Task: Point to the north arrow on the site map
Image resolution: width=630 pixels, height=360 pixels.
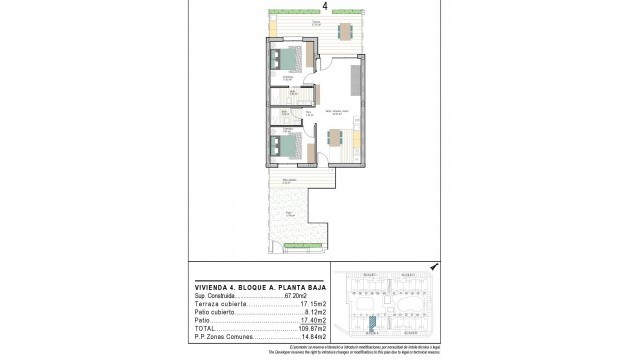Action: (x=431, y=267)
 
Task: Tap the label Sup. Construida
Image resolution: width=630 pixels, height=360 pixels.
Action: (x=216, y=297)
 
